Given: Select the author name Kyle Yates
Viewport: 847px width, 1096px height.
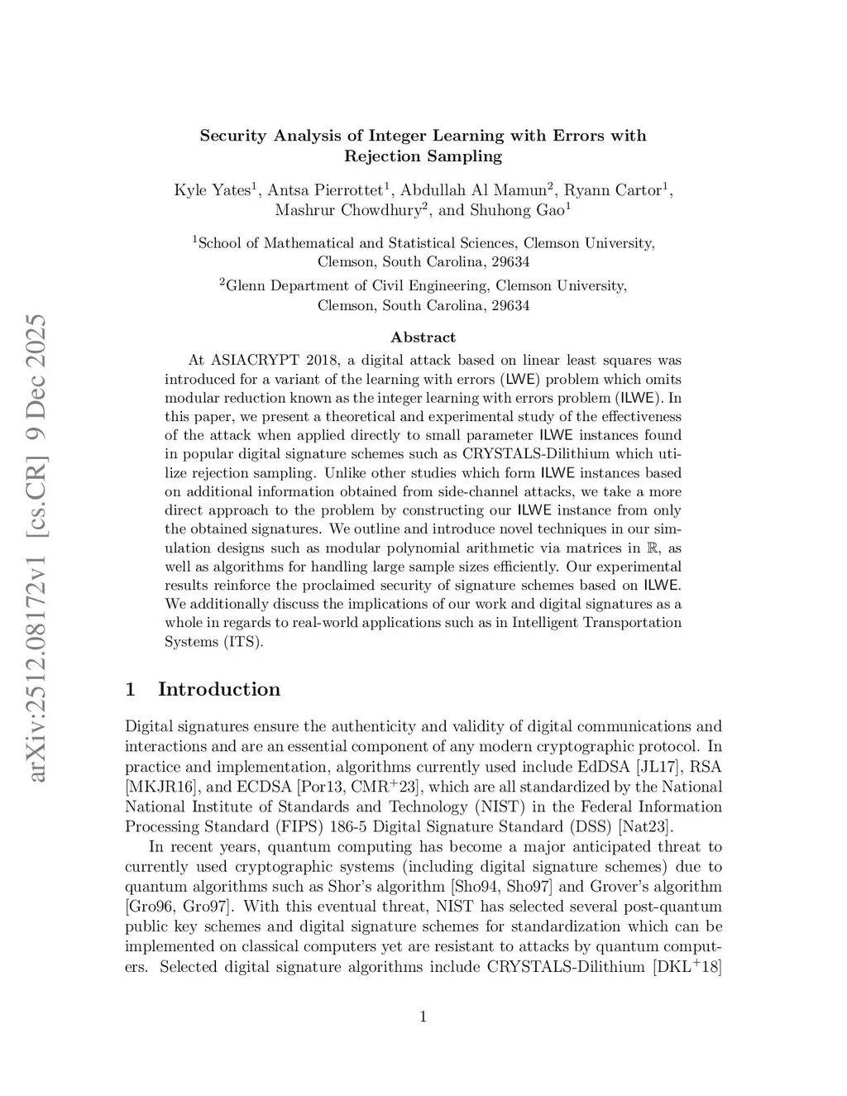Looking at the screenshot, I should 212,190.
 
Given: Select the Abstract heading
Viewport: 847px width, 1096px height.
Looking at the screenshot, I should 423,337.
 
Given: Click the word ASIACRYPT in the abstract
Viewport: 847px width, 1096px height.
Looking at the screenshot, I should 254,361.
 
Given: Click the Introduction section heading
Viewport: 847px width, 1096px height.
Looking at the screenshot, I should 219,690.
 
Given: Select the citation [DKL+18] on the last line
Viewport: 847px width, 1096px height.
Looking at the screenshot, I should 687,966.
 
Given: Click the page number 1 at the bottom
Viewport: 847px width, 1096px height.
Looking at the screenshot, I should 423,1017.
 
